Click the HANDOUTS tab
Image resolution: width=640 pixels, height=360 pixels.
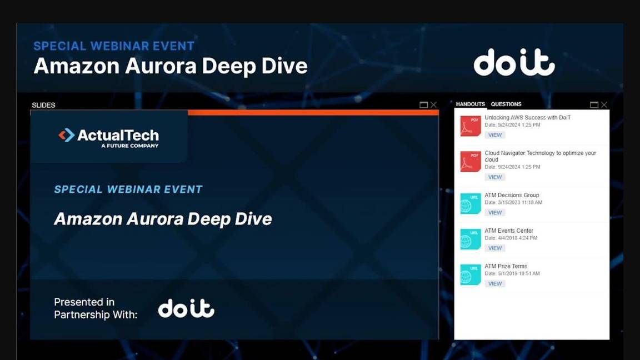(470, 104)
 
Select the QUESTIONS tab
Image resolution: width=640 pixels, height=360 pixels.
(506, 104)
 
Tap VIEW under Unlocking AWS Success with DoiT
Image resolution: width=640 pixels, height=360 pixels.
(494, 135)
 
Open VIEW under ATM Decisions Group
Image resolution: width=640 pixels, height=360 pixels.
(494, 213)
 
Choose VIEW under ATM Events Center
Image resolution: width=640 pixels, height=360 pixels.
(494, 248)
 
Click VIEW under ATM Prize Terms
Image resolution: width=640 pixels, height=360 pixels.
(494, 284)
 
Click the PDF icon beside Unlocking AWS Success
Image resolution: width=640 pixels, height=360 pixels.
(470, 126)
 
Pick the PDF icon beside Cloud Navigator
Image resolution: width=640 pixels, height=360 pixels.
(470, 162)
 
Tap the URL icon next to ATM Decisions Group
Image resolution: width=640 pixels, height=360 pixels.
(470, 204)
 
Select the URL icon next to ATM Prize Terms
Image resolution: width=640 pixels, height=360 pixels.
(470, 274)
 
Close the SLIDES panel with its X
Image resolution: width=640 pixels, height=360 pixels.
(433, 105)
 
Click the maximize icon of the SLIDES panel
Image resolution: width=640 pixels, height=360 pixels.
(424, 105)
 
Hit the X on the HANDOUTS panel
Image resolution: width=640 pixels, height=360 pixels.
(604, 105)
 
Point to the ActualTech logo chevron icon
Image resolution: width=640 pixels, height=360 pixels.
(67, 136)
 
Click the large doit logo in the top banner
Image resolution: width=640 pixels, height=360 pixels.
(514, 62)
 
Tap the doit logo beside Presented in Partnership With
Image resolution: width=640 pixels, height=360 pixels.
(186, 308)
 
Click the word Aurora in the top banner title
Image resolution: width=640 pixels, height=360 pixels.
(161, 66)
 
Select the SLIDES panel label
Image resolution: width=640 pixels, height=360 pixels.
(43, 105)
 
